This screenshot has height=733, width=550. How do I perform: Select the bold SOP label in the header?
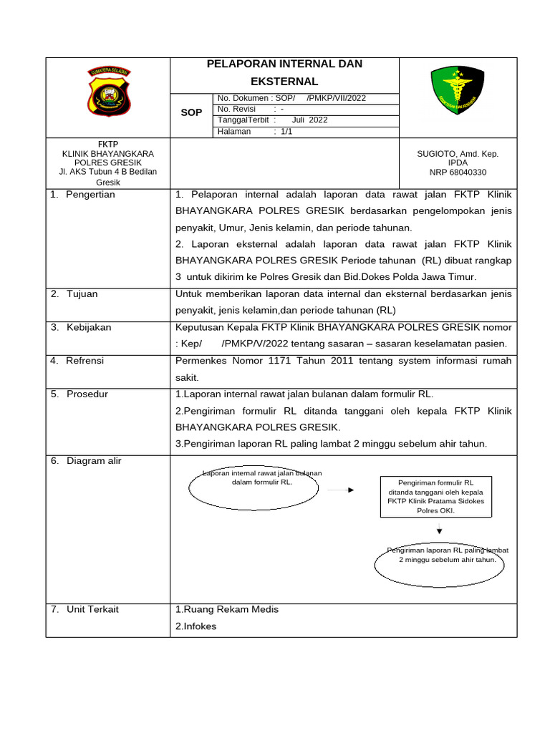coord(191,113)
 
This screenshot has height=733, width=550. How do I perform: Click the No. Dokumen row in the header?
coord(291,98)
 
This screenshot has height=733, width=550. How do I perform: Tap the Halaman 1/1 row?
coord(255,132)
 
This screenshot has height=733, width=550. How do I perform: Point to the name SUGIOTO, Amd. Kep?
coord(458,154)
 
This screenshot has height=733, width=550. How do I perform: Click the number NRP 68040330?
coord(458,173)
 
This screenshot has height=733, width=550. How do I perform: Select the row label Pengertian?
coord(90,195)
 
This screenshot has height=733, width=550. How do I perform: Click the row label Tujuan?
coord(82,294)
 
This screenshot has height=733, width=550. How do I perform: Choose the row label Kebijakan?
coord(89,327)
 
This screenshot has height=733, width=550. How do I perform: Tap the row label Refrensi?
coord(85,361)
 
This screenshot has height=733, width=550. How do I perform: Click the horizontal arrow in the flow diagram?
coord(341,490)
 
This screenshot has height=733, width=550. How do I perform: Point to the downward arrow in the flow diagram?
coord(439,529)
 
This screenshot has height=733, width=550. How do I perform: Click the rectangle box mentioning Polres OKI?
coord(435,497)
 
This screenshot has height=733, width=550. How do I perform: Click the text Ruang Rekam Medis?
coord(227,609)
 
